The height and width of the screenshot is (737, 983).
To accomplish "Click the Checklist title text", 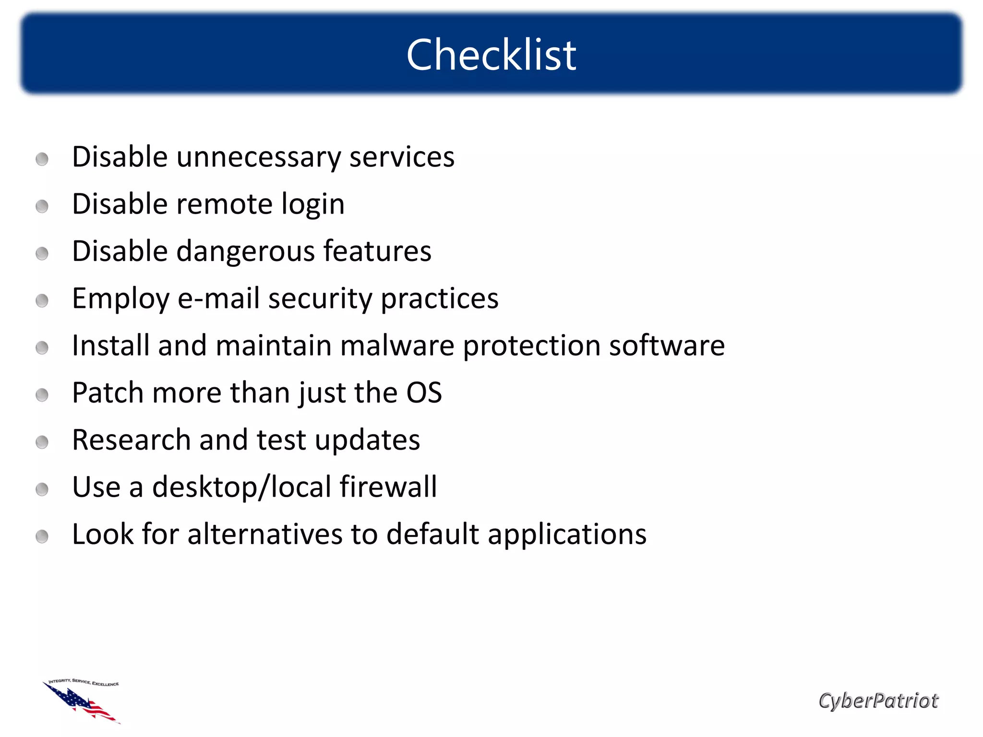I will click(491, 55).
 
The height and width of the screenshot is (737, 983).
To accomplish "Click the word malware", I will click(397, 345).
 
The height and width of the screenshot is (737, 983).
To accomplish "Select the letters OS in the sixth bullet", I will click(424, 393).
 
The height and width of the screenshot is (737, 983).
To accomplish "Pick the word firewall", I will click(388, 487).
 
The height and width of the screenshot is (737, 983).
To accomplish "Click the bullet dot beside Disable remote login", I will click(42, 207).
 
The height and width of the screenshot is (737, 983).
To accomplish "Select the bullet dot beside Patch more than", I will click(42, 395).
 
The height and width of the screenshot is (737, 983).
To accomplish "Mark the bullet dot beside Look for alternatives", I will click(42, 536).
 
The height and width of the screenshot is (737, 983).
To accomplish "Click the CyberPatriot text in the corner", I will click(878, 701).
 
